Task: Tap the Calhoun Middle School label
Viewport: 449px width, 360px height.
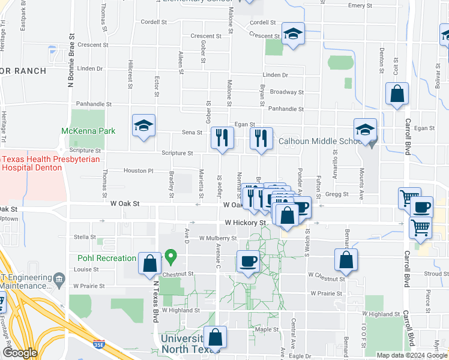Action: [x=318, y=142]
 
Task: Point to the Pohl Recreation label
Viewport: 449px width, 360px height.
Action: [x=107, y=259]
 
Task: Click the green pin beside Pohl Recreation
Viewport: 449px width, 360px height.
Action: [x=171, y=258]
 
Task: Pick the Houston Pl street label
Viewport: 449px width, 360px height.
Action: [x=139, y=171]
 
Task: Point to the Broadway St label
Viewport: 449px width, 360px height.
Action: [x=286, y=92]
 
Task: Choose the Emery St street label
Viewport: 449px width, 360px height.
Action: [x=361, y=5]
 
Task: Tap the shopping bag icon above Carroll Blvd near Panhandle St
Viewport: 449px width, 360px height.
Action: [x=397, y=94]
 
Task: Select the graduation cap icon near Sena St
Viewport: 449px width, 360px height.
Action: [x=143, y=126]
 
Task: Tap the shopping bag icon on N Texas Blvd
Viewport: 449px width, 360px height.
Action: [x=149, y=264]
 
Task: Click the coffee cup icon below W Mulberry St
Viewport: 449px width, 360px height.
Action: [x=247, y=261]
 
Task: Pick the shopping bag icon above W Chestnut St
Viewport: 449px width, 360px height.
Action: [x=346, y=260]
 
